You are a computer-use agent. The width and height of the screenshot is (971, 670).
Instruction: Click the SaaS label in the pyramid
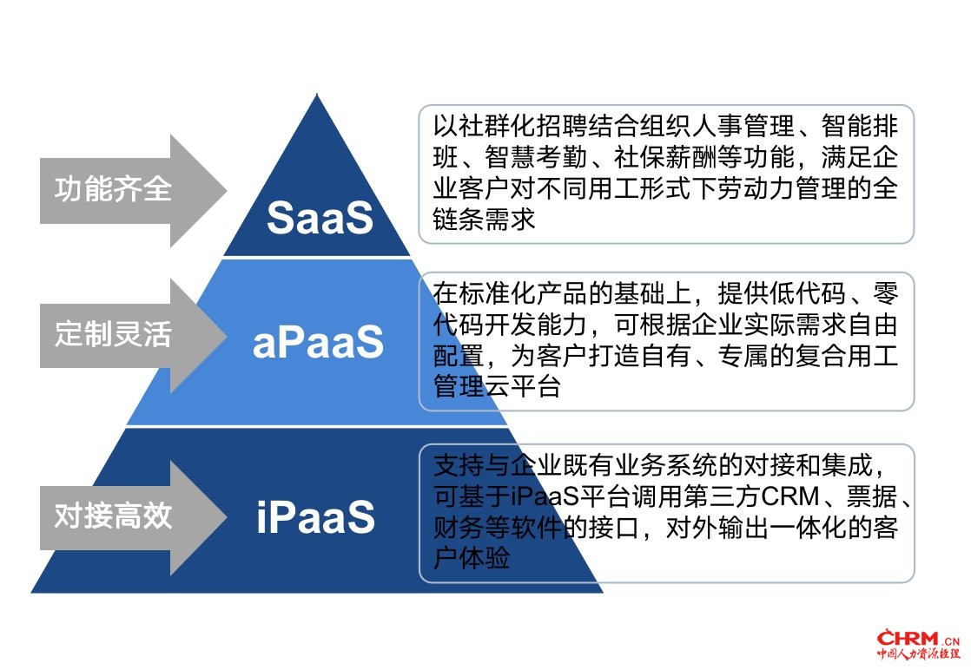tap(320, 218)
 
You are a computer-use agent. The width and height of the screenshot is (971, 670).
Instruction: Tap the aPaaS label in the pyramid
tap(318, 341)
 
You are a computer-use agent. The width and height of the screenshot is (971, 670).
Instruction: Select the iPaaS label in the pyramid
tap(316, 517)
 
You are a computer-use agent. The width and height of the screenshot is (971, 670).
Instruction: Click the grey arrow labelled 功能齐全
tap(133, 191)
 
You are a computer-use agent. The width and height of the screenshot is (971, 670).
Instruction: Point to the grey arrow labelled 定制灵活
tap(133, 336)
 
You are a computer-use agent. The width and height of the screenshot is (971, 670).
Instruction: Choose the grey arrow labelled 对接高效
tap(133, 517)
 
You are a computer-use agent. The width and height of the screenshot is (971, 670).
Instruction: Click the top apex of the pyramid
tap(317, 94)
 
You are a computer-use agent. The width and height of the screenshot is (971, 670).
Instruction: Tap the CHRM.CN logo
tap(917, 644)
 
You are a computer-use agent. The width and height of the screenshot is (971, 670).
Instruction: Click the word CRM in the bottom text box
tap(790, 496)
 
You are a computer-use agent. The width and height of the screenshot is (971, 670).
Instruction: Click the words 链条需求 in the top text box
tap(485, 219)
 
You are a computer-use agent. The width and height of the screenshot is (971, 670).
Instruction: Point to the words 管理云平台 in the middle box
tap(498, 386)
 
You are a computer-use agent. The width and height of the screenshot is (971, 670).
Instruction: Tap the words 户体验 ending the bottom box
tap(472, 558)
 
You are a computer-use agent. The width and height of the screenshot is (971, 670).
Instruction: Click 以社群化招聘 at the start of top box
tap(511, 126)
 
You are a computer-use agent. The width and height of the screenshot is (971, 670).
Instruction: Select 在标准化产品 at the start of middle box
tap(511, 293)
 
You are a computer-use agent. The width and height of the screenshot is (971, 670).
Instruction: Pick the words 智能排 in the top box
tap(860, 126)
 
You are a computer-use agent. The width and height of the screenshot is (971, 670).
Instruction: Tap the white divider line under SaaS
tap(317, 258)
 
